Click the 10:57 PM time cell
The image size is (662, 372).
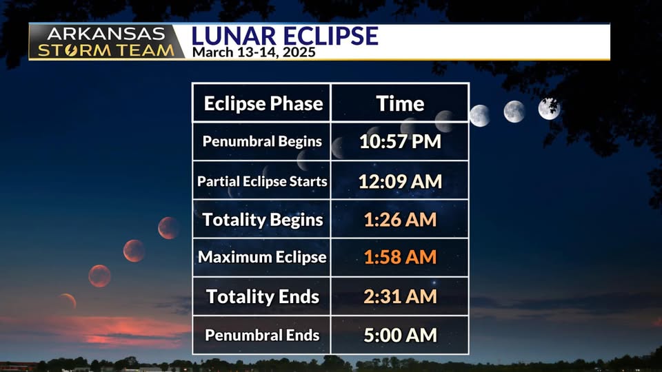coord(400,141)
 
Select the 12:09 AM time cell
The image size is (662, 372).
coord(400,181)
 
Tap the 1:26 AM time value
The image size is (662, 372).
coord(400,220)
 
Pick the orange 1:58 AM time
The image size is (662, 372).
coord(400,257)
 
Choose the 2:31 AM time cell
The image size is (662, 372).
coord(400,296)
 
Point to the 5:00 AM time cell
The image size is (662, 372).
coord(400,335)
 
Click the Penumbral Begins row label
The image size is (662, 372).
coord(262,141)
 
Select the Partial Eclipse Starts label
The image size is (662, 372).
coord(262,181)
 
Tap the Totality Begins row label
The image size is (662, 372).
coord(262,220)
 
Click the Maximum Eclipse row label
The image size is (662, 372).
coord(262,257)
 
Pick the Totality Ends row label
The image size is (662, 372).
coord(262,296)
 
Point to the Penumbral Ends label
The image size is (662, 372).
coord(262,335)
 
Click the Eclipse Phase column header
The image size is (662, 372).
coord(263,104)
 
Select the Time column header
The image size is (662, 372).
coord(400,104)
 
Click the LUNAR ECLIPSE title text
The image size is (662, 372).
coord(285,36)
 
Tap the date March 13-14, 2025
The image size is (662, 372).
coord(254,52)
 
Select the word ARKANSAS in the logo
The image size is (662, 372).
coord(106,34)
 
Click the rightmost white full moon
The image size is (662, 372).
coord(549,108)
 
